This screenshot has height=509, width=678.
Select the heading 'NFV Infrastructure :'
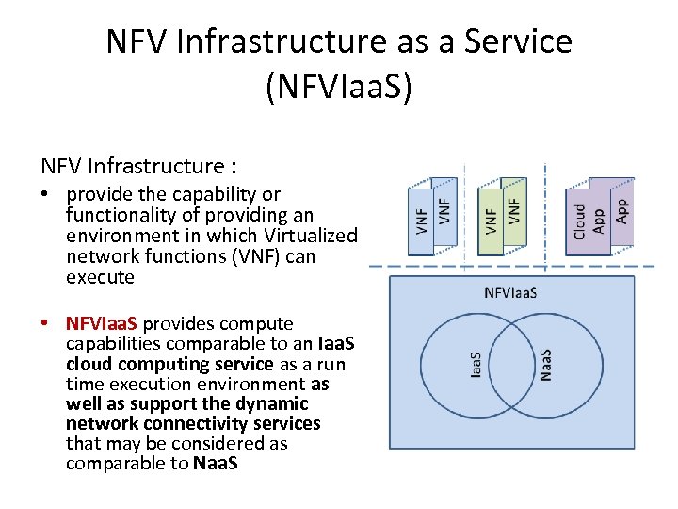tap(137, 167)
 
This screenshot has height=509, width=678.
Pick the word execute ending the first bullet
tap(101, 278)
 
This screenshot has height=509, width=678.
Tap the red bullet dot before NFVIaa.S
tap(46, 323)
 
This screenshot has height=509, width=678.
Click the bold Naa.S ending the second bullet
tap(216, 464)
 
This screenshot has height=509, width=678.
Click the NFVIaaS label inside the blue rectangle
tap(510, 292)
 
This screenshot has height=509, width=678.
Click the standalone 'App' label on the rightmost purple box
tap(621, 209)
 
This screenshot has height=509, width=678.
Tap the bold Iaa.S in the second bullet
tap(335, 344)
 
